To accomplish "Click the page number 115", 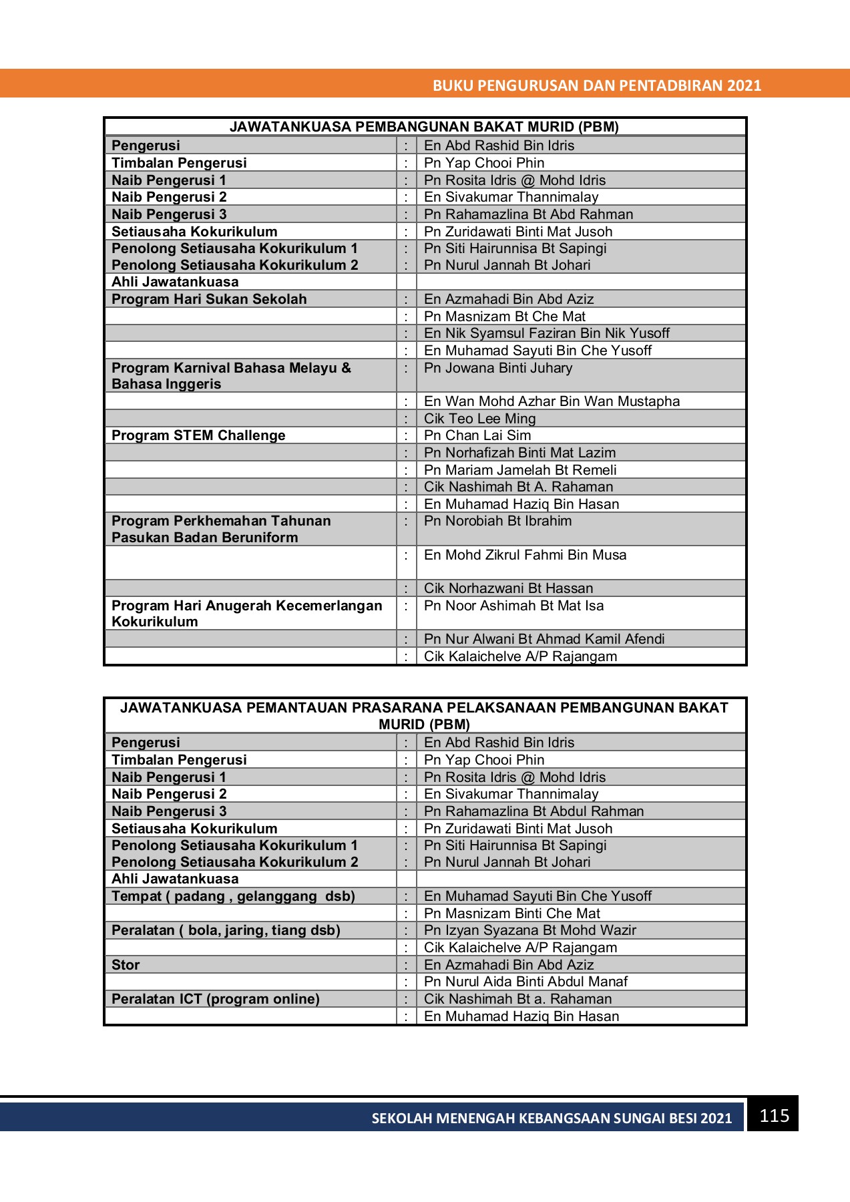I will click(774, 1116).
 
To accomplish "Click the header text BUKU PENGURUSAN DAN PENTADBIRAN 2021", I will click(597, 85).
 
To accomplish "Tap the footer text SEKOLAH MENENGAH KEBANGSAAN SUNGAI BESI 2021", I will click(552, 1119).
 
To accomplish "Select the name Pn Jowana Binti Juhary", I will click(498, 368).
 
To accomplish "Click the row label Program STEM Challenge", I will click(198, 435).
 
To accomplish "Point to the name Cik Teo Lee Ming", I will click(479, 419).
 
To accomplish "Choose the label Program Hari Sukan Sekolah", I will click(209, 299).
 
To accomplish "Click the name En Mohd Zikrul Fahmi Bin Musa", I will click(525, 555).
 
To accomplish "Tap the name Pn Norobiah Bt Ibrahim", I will click(497, 521).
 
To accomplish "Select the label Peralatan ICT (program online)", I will click(216, 999).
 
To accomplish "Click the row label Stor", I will click(126, 965).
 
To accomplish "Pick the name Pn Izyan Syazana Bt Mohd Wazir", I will click(529, 930).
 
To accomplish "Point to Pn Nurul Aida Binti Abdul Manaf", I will click(525, 982).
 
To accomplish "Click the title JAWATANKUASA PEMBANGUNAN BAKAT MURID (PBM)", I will click(424, 127).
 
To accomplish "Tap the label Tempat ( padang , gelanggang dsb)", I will click(233, 896).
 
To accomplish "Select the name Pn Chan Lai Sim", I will click(477, 435).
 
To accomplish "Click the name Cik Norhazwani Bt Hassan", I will click(508, 588).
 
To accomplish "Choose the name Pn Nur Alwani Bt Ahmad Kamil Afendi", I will click(544, 639).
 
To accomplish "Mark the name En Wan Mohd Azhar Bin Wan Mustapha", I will click(552, 401).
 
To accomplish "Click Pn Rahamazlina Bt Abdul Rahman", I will click(534, 811).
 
